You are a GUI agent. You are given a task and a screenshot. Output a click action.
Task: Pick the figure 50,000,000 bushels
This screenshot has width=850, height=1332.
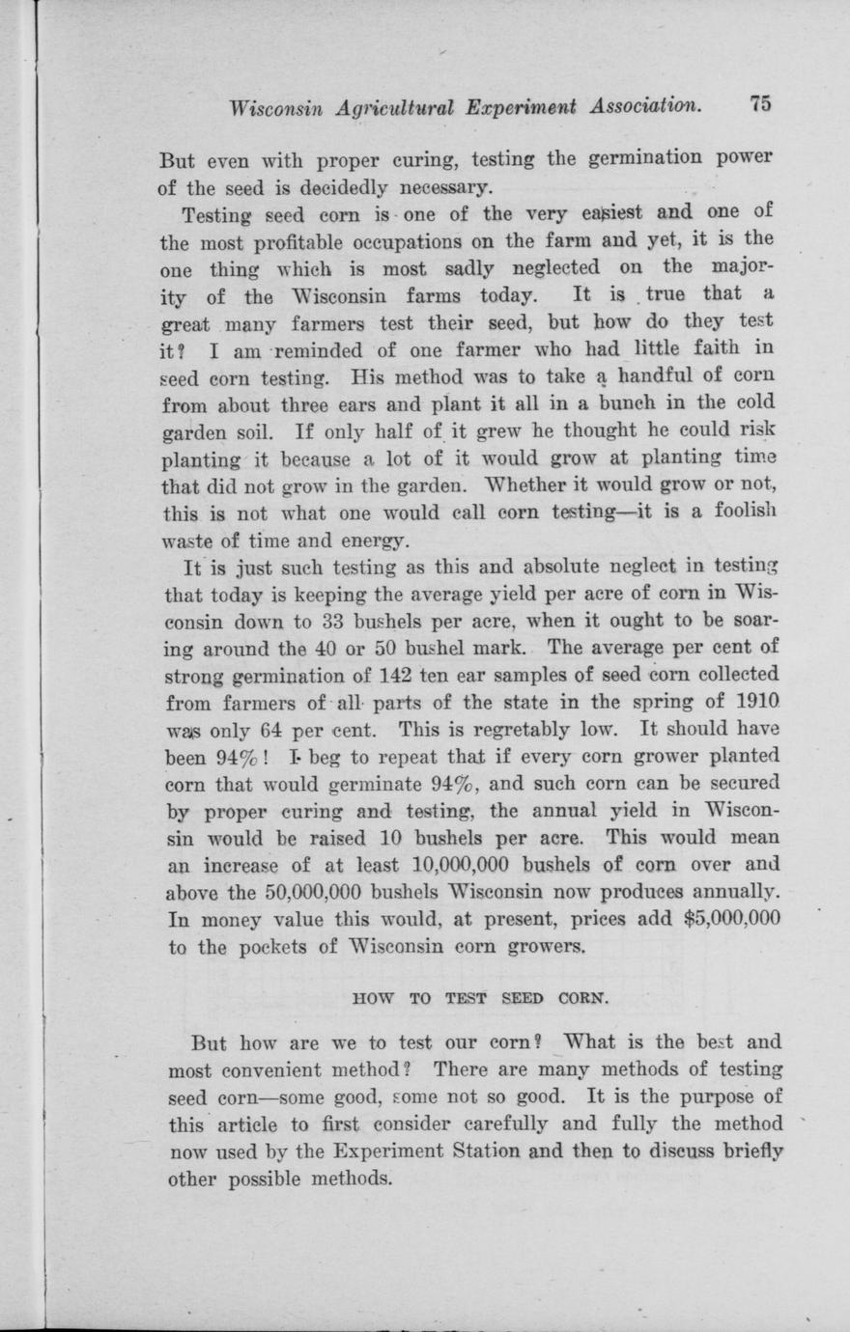[293, 891]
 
